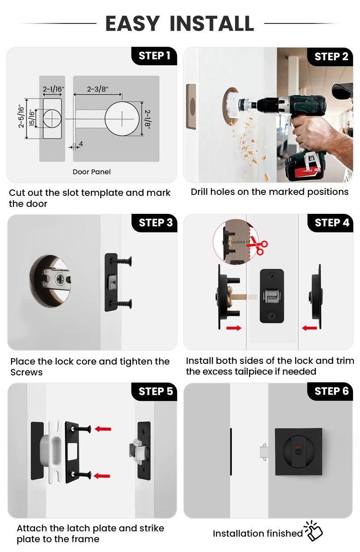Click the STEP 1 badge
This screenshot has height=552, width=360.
[154, 56]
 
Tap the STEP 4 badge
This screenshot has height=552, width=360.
[331, 223]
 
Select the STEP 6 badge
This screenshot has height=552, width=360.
[330, 391]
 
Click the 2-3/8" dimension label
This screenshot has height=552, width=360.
[97, 89]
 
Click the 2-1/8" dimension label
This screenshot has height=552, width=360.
[148, 119]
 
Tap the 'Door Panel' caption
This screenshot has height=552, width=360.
[91, 172]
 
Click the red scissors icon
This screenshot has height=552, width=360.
[257, 245]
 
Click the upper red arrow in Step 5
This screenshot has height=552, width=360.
[103, 429]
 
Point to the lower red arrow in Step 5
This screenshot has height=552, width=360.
[102, 476]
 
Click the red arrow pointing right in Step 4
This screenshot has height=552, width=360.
[234, 328]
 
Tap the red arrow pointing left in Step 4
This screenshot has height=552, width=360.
[309, 328]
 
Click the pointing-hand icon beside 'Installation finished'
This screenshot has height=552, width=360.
[314, 531]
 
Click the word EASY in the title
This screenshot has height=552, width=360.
[132, 23]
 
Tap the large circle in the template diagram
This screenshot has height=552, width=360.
[122, 118]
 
